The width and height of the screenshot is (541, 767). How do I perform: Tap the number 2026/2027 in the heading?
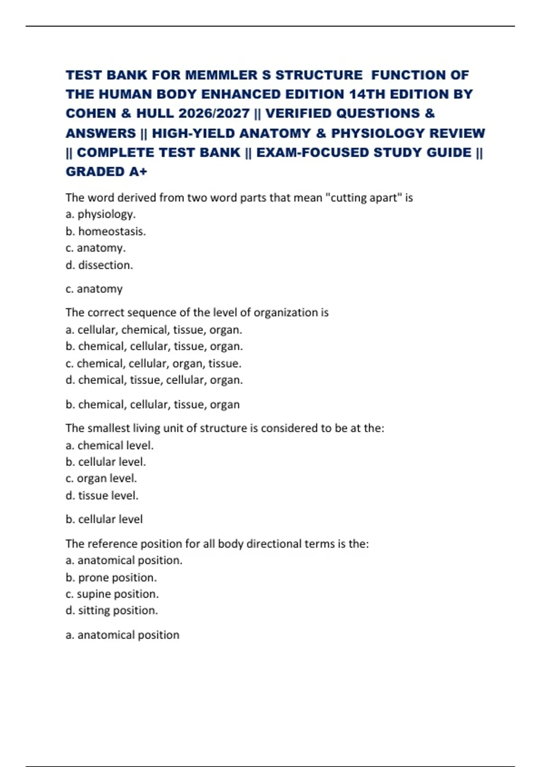tap(214, 113)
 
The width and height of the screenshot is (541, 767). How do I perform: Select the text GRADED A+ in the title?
tap(106, 172)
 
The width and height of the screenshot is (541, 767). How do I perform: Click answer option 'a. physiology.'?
tap(101, 214)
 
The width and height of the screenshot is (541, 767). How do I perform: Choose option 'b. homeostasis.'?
tap(105, 231)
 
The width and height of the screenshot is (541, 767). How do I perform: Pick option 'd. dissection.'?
tap(99, 265)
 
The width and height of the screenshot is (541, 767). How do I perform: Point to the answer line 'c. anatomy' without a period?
tap(94, 289)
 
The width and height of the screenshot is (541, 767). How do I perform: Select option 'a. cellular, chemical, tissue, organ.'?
tap(154, 330)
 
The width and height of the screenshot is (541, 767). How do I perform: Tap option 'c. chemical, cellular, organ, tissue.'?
tap(153, 364)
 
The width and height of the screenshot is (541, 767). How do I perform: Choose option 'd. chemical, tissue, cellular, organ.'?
tap(154, 380)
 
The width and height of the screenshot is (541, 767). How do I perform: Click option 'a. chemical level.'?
tap(110, 446)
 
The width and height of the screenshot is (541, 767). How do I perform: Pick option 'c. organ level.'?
tap(101, 478)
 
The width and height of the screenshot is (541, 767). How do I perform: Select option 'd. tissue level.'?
tap(102, 495)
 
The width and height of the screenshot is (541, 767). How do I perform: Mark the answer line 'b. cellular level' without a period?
tap(104, 519)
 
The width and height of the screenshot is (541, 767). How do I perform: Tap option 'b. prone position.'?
tap(111, 578)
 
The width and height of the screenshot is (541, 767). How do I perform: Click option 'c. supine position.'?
tap(112, 594)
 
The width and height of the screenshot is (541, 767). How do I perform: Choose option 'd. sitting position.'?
tap(112, 610)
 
